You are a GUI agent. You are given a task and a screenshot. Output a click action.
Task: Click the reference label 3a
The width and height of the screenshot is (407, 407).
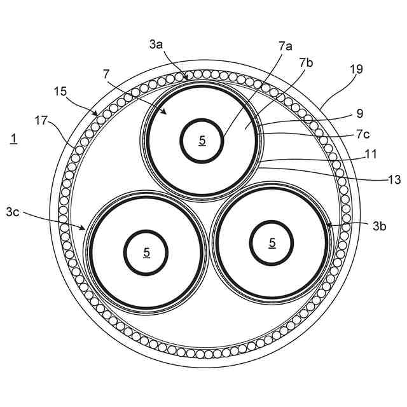pyautogui.click(x=156, y=45)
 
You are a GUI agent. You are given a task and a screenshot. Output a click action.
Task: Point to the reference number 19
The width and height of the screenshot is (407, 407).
pyautogui.click(x=356, y=69)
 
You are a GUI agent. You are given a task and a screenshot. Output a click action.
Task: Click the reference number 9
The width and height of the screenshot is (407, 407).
pyautogui.click(x=359, y=114)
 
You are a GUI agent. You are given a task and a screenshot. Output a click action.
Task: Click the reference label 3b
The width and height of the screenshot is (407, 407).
pyautogui.click(x=380, y=225)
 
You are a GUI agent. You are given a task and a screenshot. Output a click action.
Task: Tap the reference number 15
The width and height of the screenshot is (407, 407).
pyautogui.click(x=60, y=91)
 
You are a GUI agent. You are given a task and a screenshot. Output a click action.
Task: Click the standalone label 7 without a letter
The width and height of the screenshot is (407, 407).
pyautogui.click(x=106, y=75)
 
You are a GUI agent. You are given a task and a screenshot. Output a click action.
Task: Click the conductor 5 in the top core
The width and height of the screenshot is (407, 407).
pyautogui.click(x=202, y=141)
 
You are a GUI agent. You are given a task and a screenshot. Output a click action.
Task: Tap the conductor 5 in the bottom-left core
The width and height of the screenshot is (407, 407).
pyautogui.click(x=146, y=252)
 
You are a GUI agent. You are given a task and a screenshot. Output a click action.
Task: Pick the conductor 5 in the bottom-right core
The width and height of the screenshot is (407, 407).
pyautogui.click(x=272, y=242)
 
